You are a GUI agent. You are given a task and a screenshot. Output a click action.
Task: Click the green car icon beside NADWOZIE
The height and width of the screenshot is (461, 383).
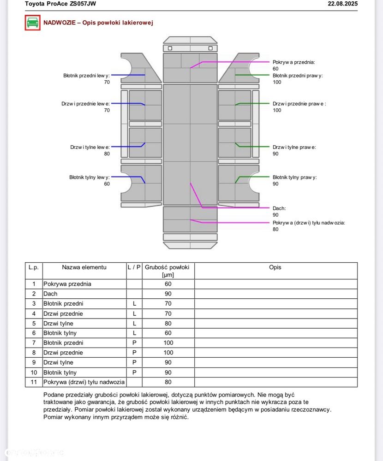(32, 23)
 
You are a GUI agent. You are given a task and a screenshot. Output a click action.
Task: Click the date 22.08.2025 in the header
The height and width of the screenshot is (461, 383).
(342, 4)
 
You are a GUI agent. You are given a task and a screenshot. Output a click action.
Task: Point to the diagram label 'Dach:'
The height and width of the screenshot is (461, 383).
(279, 208)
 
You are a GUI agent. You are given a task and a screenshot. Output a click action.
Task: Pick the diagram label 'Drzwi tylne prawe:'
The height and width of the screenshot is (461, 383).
(294, 147)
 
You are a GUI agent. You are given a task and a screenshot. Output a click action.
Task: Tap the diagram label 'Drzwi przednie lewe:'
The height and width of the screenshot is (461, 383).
(85, 104)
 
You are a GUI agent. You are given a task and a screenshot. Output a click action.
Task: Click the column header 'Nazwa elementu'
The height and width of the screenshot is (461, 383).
(84, 267)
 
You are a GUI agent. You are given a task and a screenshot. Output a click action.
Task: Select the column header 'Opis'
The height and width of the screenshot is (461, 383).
(275, 267)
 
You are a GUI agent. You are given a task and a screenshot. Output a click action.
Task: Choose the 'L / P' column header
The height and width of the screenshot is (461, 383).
(134, 267)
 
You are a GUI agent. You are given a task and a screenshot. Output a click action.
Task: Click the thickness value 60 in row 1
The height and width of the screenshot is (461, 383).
(168, 284)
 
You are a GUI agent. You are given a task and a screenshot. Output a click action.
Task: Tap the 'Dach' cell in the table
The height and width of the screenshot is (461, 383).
(50, 294)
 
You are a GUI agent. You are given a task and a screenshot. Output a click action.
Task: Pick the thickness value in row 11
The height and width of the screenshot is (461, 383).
(168, 382)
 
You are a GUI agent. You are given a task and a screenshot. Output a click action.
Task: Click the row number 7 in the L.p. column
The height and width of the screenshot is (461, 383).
(34, 343)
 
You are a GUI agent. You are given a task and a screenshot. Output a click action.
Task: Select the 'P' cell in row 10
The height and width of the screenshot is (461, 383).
(134, 372)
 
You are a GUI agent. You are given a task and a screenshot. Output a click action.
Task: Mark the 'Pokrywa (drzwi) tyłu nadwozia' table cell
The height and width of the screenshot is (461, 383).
(84, 382)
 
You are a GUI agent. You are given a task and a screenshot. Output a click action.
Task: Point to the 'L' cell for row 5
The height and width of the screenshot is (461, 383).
(134, 323)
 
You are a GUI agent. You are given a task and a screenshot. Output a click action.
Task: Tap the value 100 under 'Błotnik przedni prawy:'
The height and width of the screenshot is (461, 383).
(277, 82)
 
